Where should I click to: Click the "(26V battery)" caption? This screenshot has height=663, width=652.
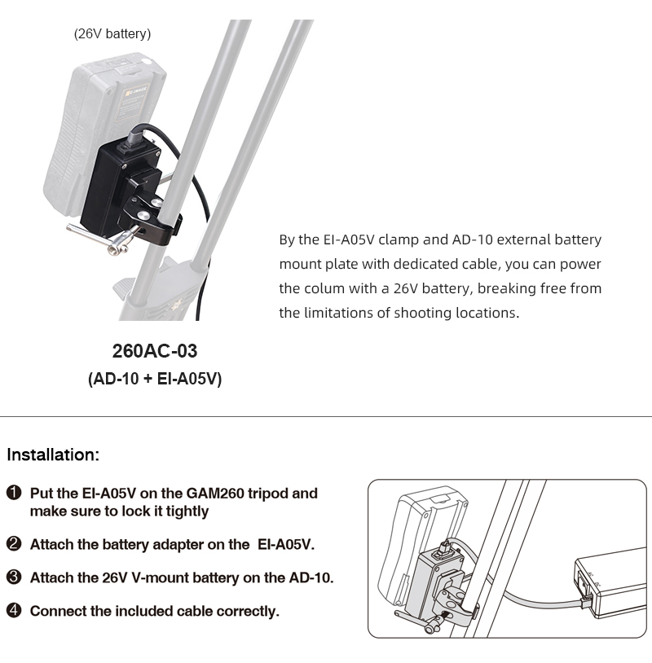pos(112,33)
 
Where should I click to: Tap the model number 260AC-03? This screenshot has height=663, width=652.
pos(154,352)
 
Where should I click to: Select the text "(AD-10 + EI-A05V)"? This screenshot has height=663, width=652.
pos(154,379)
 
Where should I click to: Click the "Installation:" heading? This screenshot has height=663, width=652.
pos(53,454)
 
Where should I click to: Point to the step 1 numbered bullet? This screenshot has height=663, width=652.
pos(14,494)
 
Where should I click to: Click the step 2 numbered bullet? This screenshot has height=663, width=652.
pos(14,544)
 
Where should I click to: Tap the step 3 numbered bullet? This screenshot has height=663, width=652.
pos(14,577)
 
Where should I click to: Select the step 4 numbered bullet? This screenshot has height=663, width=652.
pos(14,611)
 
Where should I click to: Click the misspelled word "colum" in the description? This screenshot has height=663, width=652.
pos(321,288)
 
